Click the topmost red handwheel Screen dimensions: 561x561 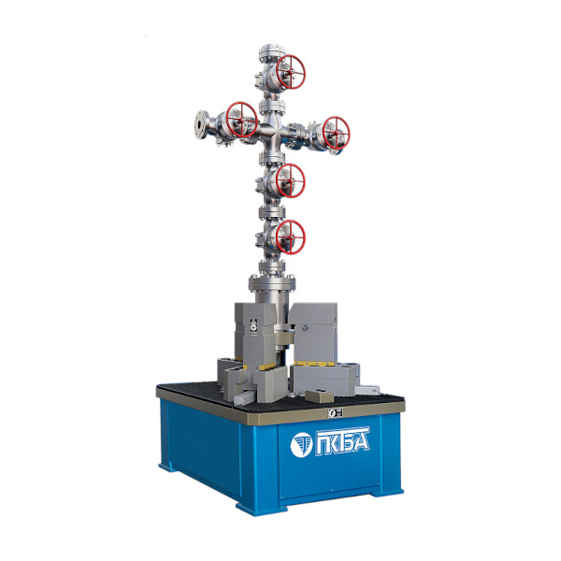[291, 72]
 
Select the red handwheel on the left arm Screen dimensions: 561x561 [242, 120]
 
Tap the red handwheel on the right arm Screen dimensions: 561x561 [336, 133]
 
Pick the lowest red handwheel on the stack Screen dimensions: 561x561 [291, 237]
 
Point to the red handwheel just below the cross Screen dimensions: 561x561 [291, 181]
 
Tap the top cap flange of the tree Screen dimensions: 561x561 [272, 51]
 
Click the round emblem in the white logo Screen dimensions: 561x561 [301, 445]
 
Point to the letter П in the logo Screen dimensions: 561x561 [323, 443]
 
